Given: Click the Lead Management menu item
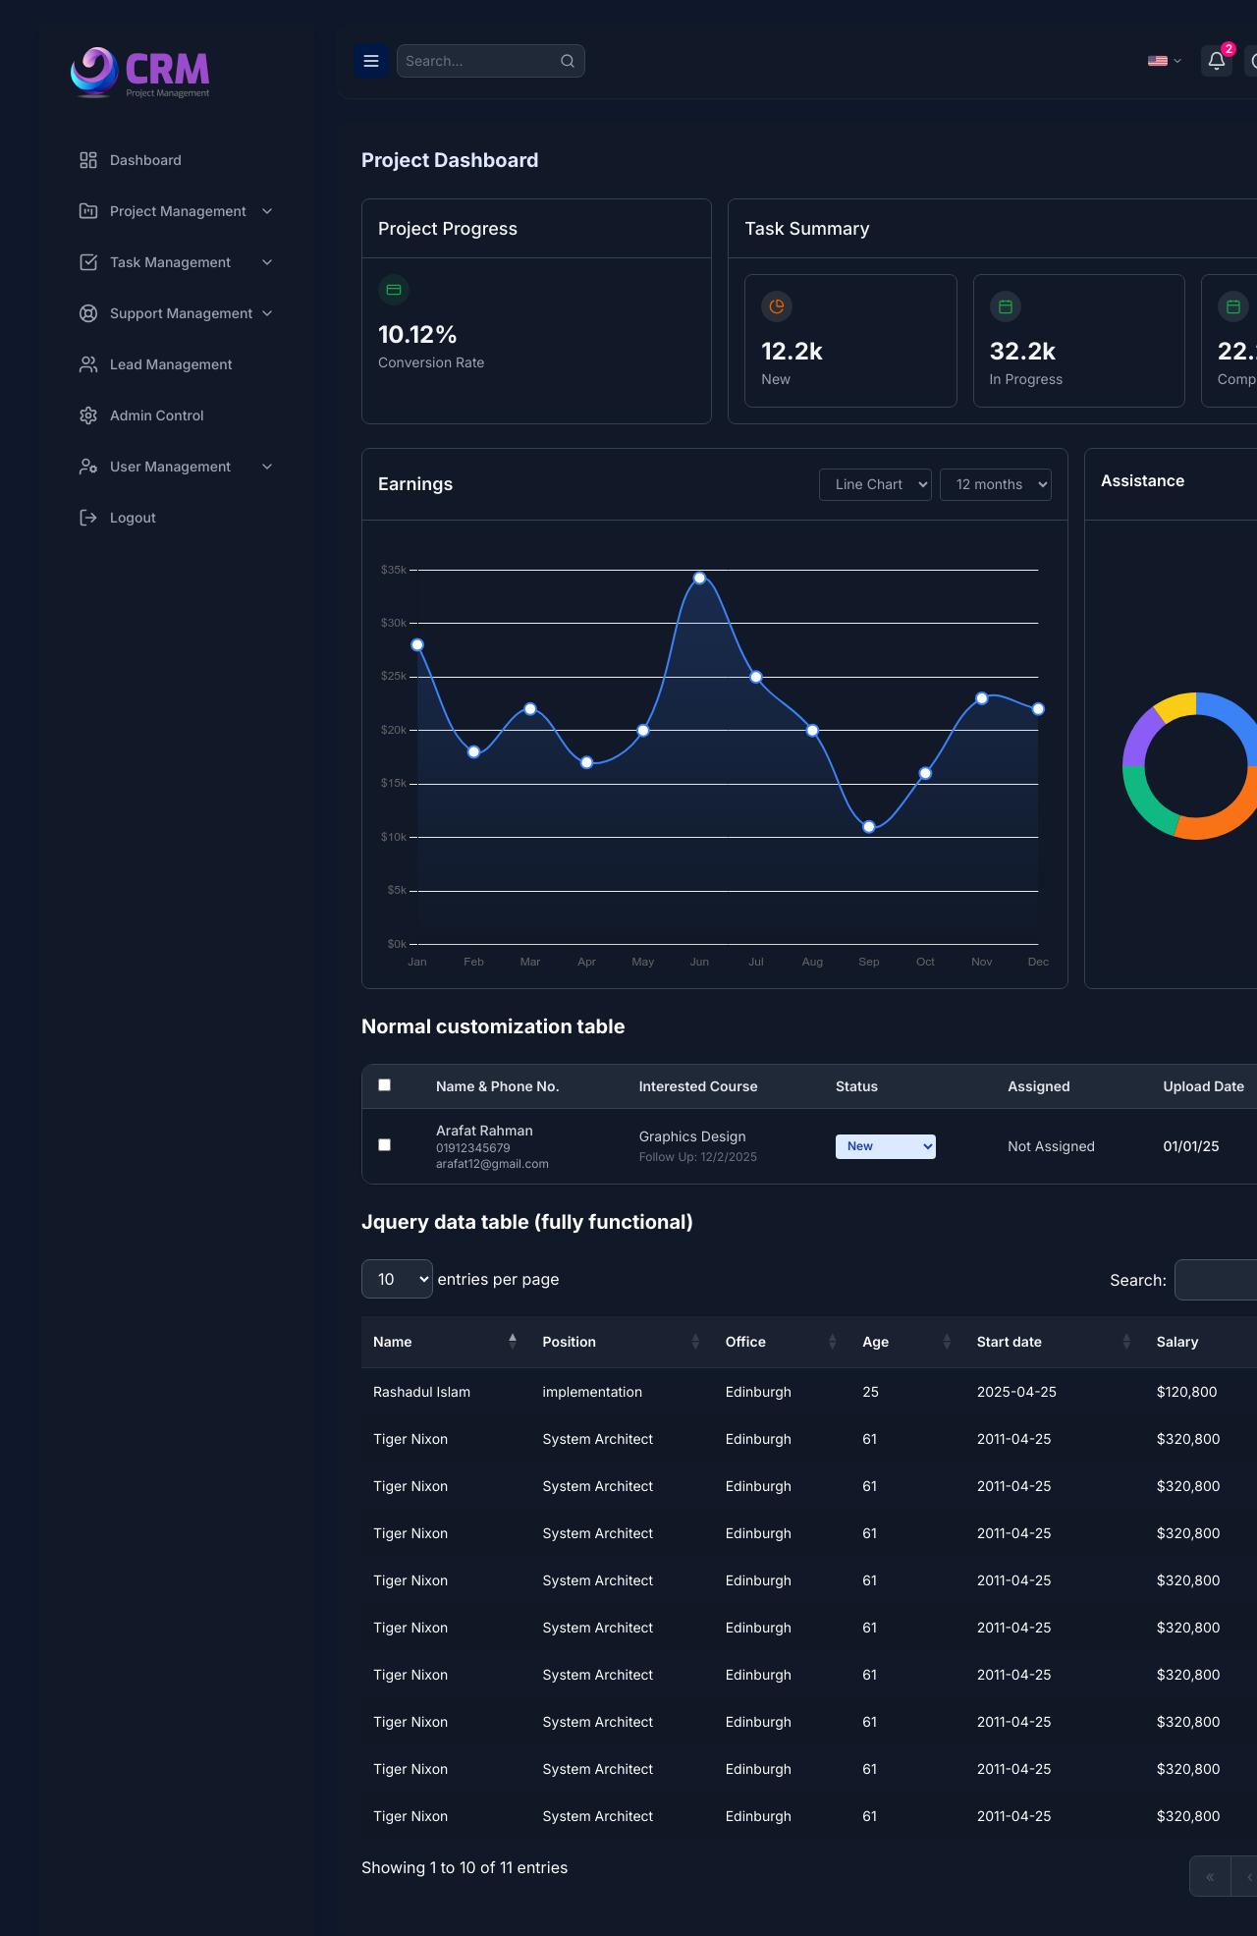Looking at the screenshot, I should [x=170, y=364].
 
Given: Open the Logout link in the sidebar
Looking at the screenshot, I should [x=132, y=518].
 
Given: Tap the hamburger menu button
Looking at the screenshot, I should [x=371, y=61].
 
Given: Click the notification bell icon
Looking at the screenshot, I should [x=1216, y=61].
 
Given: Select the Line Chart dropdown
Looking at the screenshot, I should [x=875, y=484].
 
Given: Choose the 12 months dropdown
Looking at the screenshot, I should [x=995, y=484].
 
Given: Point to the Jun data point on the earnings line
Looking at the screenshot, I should [x=699, y=579].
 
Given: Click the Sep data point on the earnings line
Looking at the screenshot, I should [x=869, y=827].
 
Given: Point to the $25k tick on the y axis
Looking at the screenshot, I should [x=394, y=677].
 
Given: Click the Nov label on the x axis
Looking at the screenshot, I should [x=982, y=962].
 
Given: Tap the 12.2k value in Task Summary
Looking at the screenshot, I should [x=792, y=352].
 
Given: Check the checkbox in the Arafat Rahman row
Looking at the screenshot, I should [x=385, y=1145].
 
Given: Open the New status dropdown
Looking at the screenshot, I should [x=885, y=1146].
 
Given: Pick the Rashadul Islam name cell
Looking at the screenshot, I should [x=421, y=1392].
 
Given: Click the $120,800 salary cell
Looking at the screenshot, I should [x=1186, y=1392].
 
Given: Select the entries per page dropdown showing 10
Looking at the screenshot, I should [x=397, y=1279].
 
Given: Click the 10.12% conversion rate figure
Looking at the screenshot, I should [x=417, y=335].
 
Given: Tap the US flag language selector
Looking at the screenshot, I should [x=1164, y=61].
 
